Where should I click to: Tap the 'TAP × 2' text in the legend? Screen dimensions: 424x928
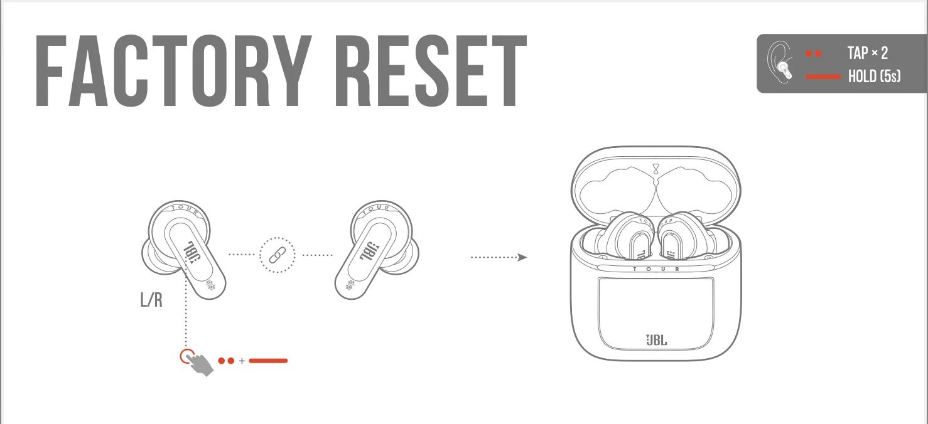pos(867,53)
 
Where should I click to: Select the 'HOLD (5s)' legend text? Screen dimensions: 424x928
pos(874,77)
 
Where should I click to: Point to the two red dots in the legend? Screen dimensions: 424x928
pos(814,54)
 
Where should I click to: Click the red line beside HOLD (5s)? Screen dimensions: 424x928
pos(823,77)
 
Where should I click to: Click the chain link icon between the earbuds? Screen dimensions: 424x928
pos(277,255)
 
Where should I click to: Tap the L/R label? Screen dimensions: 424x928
pos(151,300)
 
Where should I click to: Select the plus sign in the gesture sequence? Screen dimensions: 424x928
pos(242,361)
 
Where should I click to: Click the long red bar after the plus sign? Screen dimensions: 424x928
pos(268,361)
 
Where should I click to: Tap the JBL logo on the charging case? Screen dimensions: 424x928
pos(656,341)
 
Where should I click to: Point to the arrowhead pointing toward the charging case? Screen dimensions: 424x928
pos(522,257)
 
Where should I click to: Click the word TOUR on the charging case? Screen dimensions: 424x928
pos(656,268)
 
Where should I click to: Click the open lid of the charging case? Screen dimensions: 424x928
pos(656,182)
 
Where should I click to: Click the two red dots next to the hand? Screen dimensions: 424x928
pos(226,361)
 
